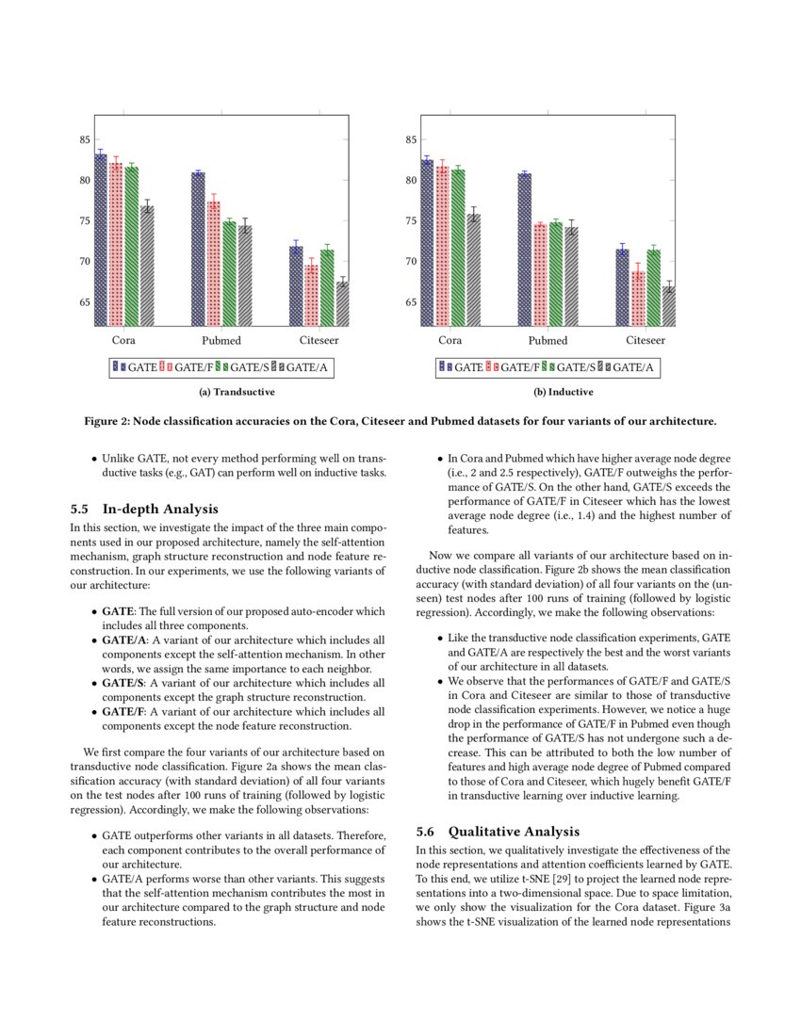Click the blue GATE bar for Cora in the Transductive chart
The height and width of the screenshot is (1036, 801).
pos(101,240)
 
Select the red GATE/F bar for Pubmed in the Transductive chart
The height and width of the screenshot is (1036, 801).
pos(213,264)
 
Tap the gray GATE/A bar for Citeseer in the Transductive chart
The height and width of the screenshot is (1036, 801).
pos(342,303)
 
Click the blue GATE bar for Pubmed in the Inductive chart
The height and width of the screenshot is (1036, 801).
pos(524,250)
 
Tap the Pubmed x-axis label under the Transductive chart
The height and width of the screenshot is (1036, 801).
pos(221,340)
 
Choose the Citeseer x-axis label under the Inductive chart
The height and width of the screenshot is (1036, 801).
pos(646,340)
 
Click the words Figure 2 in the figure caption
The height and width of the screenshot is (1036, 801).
pos(104,419)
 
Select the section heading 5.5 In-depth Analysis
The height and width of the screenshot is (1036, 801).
pos(144,509)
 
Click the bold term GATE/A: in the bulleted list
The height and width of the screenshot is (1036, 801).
pos(120,639)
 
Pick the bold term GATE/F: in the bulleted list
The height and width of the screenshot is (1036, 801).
pos(119,712)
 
